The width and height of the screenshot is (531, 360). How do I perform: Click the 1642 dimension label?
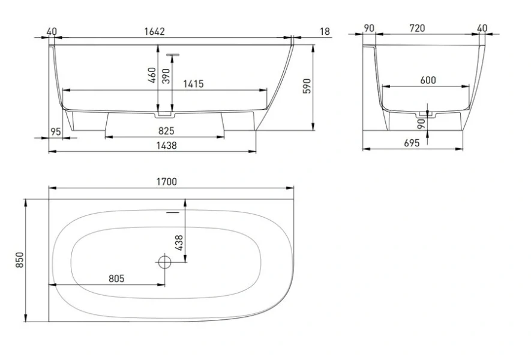pos(154,31)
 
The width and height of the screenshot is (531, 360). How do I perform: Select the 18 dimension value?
pos(325,31)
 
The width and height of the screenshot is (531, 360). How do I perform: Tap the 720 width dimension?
pos(417,28)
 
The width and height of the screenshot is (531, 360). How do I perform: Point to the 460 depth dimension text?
pos(152,75)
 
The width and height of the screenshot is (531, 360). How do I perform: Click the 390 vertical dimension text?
pos(166,76)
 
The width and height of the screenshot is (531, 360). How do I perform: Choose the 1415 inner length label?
pos(193,83)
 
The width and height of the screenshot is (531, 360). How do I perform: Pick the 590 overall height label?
pos(307,86)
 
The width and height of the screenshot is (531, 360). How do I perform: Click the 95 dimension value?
pos(56,131)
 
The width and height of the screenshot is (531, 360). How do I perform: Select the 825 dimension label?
pos(166,131)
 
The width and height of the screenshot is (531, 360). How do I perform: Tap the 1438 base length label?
pos(167,145)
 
